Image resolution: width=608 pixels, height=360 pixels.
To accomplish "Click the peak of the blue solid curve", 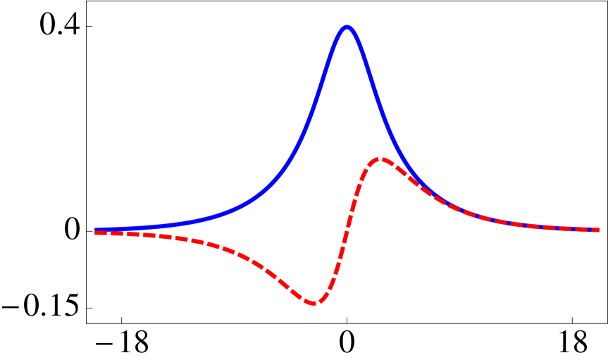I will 346,28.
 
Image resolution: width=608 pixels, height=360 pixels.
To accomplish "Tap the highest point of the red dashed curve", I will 380,159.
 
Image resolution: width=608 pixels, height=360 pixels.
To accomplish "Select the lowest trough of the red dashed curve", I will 314,303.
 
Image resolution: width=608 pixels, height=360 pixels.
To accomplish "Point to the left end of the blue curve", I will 96,230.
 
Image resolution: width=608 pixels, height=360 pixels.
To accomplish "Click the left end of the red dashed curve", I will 96,232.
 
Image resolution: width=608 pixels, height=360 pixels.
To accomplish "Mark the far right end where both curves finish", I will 597,230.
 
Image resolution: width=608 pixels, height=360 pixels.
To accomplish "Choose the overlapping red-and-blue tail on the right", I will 507,223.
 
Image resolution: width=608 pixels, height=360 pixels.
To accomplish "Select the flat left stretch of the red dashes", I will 141,235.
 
